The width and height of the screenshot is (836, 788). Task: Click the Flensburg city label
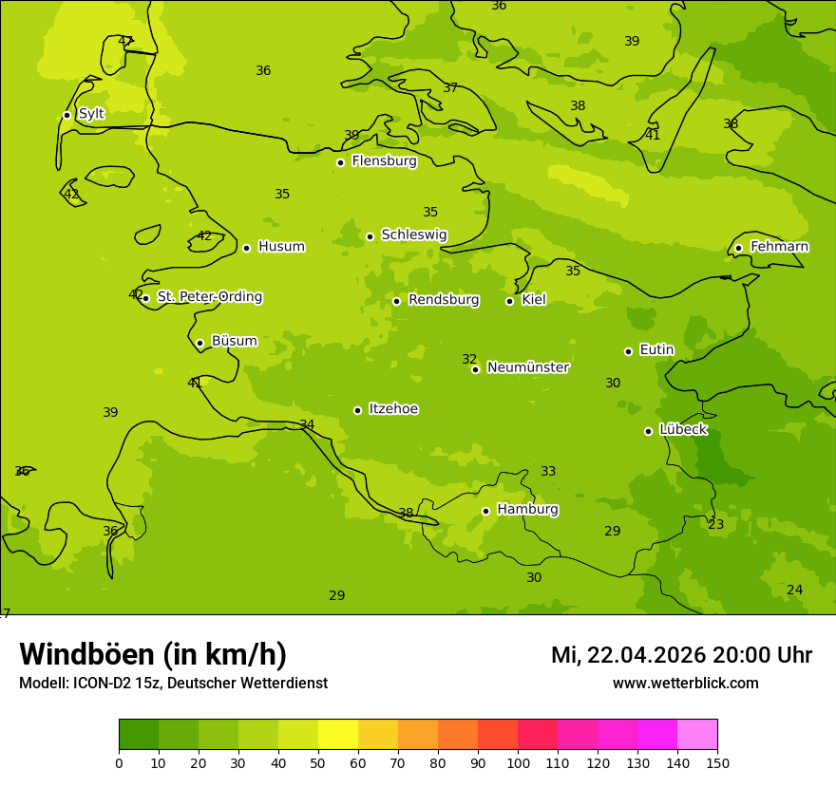point(384,161)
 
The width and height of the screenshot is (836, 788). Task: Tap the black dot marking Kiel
point(509,301)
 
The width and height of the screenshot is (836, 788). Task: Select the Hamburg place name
point(527,510)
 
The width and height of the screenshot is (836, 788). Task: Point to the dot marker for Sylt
point(66,115)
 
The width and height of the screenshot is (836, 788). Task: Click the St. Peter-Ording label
point(209,297)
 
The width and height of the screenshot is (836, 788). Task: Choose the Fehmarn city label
point(779,247)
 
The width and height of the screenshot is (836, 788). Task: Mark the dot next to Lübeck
point(648,431)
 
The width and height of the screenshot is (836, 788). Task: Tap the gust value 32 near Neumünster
point(469,360)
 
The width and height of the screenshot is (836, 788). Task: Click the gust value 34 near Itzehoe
point(307,425)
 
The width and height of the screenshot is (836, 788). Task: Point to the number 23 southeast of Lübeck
point(715,525)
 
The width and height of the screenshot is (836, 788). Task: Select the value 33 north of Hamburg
point(548,472)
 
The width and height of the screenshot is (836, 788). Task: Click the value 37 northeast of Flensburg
point(450,88)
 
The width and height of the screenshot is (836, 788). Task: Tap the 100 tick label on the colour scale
point(518,762)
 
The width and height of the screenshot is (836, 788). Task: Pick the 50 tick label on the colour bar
point(318,762)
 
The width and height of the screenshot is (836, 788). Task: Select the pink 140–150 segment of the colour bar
point(697,735)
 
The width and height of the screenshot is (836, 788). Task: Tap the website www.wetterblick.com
point(685,684)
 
